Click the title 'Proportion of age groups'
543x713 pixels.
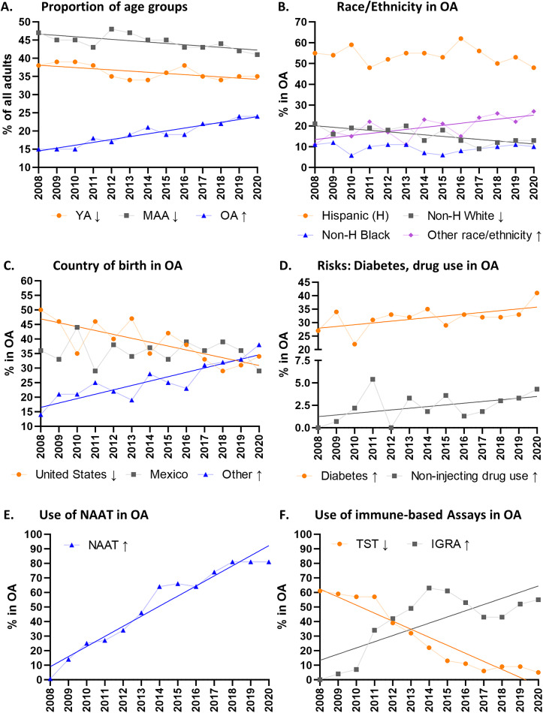tap(113, 8)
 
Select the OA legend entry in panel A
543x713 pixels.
tap(224, 215)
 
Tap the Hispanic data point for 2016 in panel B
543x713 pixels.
tap(460, 38)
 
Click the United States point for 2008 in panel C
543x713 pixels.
tap(41, 310)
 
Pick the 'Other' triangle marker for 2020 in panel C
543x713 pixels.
tap(259, 344)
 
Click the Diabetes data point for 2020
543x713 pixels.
tap(537, 293)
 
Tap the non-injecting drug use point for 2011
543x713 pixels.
tap(373, 379)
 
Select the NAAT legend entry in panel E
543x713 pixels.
tap(96, 545)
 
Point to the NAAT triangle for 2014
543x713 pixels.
tap(159, 587)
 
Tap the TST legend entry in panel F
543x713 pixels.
tap(360, 544)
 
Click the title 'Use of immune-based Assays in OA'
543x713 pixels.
tap(418, 515)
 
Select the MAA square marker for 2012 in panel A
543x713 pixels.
tap(111, 29)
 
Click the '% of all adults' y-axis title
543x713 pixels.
tap(8, 94)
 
